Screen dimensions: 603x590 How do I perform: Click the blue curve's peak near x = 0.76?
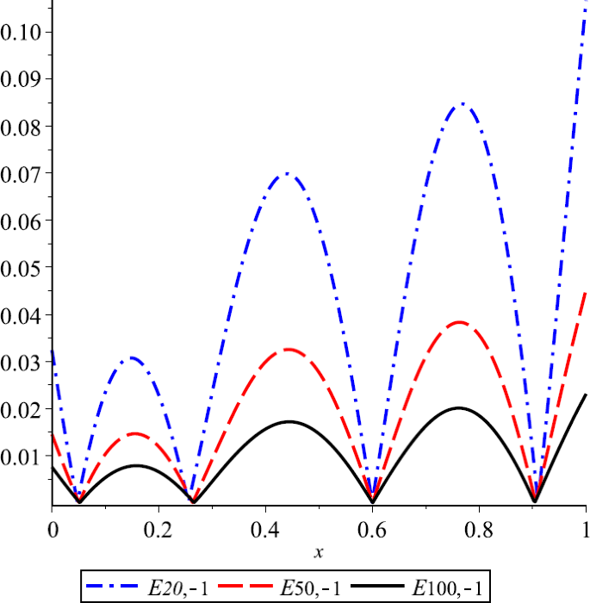[x=462, y=103]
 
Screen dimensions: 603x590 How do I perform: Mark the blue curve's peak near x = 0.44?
[x=287, y=173]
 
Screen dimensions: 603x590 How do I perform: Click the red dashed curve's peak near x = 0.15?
[x=134, y=433]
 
